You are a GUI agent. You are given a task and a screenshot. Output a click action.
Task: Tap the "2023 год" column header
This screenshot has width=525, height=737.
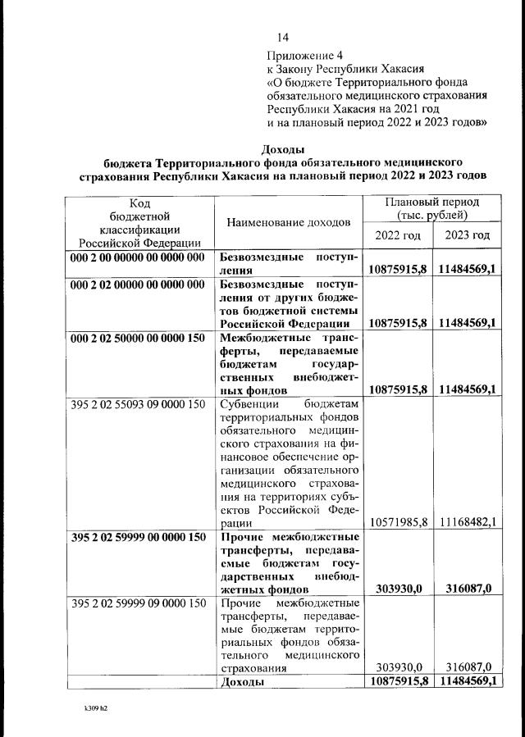point(468,235)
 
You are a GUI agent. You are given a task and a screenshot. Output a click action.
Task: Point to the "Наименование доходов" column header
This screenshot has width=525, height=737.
point(288,222)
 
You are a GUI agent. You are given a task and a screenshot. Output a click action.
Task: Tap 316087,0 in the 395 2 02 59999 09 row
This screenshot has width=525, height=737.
point(468,668)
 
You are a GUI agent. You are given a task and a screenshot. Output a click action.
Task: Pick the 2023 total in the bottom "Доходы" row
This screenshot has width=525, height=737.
point(468,681)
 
